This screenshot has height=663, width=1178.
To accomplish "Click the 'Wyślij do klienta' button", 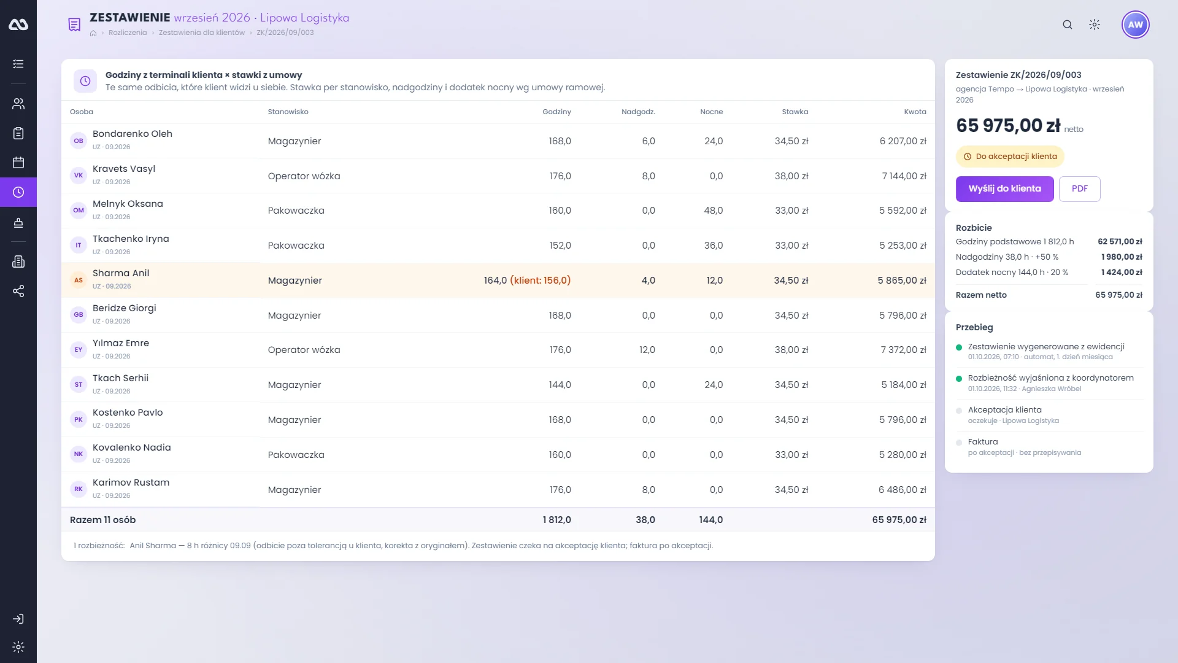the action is pyautogui.click(x=1004, y=189).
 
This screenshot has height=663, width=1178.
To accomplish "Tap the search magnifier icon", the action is pyautogui.click(x=1068, y=25).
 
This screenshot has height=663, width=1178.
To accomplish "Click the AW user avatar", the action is pyautogui.click(x=1135, y=25).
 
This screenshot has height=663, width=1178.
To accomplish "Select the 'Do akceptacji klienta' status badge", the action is pyautogui.click(x=1010, y=157).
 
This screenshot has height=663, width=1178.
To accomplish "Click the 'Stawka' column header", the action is pyautogui.click(x=795, y=112).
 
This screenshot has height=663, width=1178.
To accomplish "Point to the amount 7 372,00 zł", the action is pyautogui.click(x=903, y=350).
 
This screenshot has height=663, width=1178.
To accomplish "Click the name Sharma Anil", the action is pyautogui.click(x=121, y=273).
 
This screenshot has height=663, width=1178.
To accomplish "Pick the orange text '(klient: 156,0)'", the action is pyautogui.click(x=540, y=281).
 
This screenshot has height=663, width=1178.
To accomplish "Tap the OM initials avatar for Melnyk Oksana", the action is pyautogui.click(x=79, y=210).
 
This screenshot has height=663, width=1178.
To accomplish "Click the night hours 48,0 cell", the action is pyautogui.click(x=713, y=211).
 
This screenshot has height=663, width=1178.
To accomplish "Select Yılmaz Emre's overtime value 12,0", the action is pyautogui.click(x=647, y=350).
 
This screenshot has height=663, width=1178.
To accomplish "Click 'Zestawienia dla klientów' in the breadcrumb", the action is pyautogui.click(x=201, y=33).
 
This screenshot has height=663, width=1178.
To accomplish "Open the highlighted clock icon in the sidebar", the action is pyautogui.click(x=18, y=192).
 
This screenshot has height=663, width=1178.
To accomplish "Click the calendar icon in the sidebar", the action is pyautogui.click(x=18, y=163).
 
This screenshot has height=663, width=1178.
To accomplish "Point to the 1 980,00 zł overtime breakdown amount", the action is pyautogui.click(x=1122, y=257).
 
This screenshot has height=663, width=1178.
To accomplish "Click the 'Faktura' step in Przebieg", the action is pyautogui.click(x=983, y=442).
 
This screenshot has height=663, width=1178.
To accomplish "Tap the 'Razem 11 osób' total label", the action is pyautogui.click(x=102, y=520).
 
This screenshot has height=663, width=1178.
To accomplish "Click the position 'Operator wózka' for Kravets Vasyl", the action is pyautogui.click(x=304, y=176).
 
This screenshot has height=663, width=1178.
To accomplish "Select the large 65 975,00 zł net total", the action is pyautogui.click(x=1008, y=125).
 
